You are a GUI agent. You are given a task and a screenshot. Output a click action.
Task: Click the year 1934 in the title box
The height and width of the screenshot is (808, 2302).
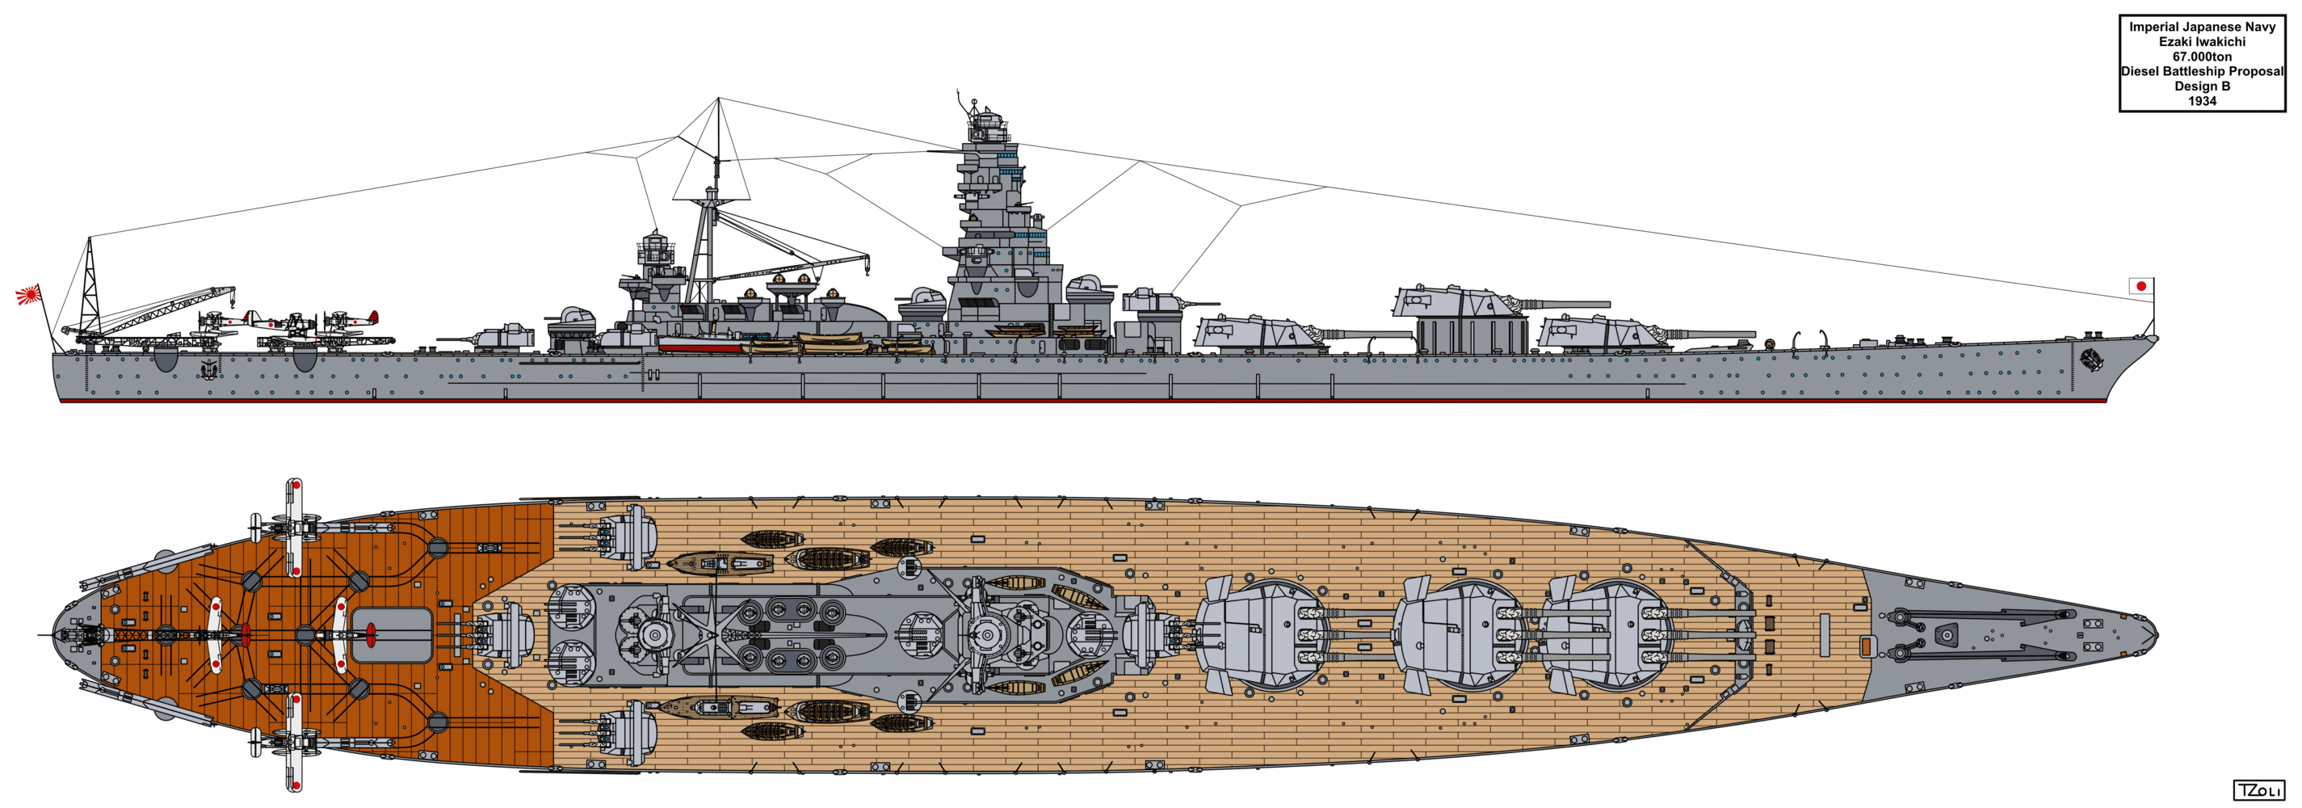point(2202,101)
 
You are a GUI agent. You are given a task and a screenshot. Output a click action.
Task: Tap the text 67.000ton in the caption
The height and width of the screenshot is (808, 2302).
point(2202,57)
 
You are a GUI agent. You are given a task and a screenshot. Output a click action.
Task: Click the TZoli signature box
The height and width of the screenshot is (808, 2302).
point(2258,790)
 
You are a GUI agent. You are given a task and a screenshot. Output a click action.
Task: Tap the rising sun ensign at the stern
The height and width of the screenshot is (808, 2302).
point(28,294)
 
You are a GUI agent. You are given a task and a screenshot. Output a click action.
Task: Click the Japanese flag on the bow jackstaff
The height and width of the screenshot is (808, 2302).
point(2140,286)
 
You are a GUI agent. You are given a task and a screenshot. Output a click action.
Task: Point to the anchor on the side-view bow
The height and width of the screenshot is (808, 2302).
point(2090,360)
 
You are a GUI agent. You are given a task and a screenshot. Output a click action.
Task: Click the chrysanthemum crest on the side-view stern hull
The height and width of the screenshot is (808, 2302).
point(209,368)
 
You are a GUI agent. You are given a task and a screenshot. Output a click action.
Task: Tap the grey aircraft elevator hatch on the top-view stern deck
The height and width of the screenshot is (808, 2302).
point(393,634)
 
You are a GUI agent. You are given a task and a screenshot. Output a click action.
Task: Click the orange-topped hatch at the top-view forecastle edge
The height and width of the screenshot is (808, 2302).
point(1865,646)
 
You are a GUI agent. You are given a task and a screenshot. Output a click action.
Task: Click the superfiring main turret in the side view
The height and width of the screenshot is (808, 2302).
point(1465,302)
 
